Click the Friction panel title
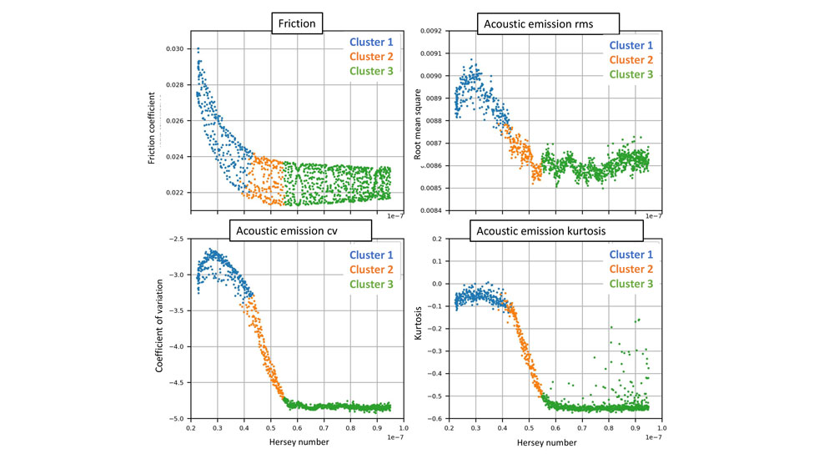297,24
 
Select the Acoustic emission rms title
538,24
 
